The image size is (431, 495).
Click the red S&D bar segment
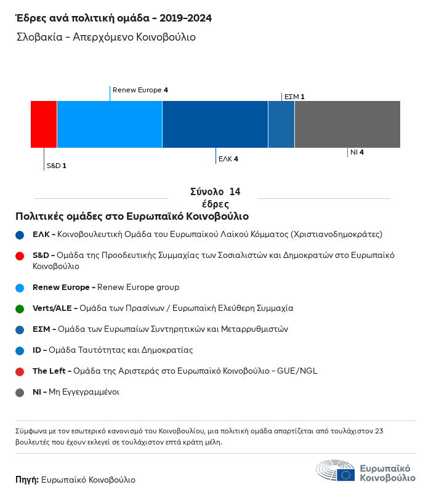[44, 124]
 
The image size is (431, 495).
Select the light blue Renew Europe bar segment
[110, 124]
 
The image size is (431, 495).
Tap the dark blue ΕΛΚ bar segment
[215, 124]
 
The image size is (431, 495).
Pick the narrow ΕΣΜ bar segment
[281, 124]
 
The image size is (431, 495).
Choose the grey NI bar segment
[347, 124]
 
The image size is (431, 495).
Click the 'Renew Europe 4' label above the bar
[140, 91]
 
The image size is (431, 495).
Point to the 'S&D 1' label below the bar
[57, 166]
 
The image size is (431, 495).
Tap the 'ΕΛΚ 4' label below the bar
[228, 159]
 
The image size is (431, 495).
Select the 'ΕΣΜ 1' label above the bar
[294, 97]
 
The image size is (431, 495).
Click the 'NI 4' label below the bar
[357, 152]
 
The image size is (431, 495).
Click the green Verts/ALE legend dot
[20, 308]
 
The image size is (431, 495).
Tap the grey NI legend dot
[20, 392]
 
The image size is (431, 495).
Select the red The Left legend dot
[20, 371]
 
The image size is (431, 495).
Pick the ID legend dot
[20, 350]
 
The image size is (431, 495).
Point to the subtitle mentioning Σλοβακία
[106, 37]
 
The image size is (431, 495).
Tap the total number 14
[235, 192]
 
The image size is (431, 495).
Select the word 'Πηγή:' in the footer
[27, 480]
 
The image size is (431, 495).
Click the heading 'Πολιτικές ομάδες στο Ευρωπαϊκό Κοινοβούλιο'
[132, 217]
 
